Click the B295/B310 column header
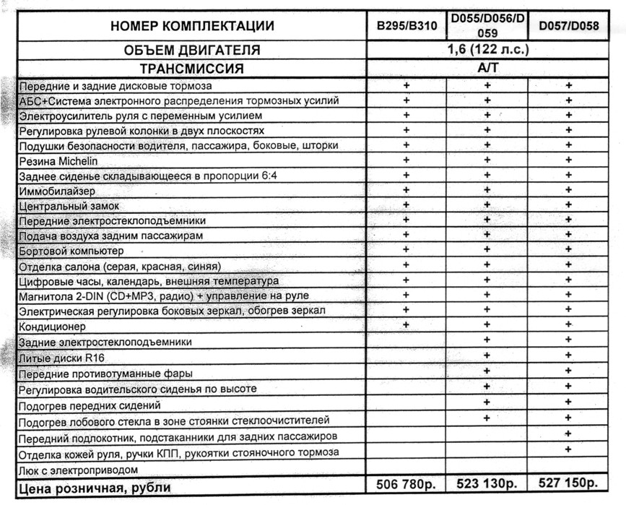406,26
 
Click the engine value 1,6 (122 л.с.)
488,51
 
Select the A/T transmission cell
488,69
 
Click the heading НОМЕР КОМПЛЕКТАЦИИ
192,26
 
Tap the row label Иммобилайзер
53,191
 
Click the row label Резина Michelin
58,161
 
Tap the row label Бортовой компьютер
71,251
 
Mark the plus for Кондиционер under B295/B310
406,324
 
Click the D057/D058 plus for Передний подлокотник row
568,433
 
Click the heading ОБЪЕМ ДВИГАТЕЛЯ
192,51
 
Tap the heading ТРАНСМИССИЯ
192,69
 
